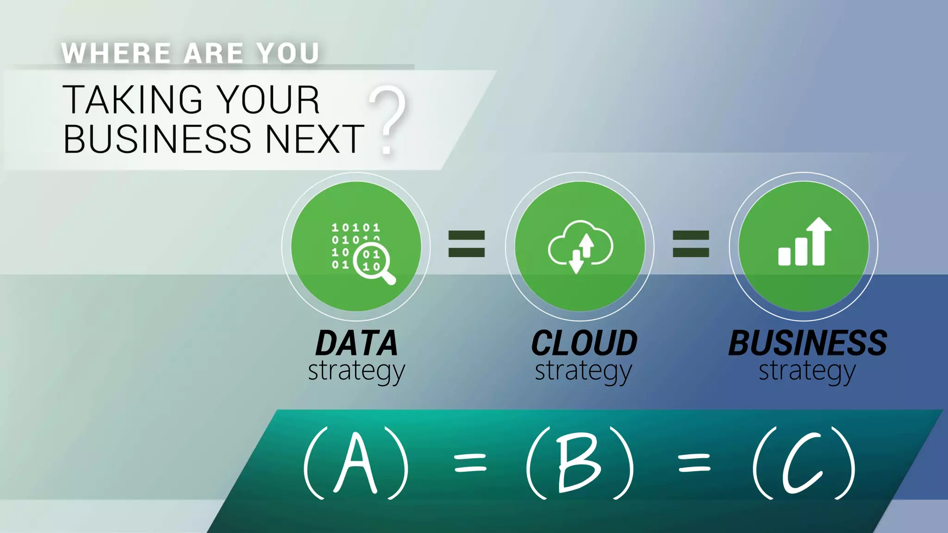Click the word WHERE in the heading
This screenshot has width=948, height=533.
116,53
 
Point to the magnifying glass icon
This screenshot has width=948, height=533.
374,263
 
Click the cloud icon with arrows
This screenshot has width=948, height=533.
580,246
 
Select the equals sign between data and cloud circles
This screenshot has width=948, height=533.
467,244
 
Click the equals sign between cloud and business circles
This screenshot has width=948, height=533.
691,244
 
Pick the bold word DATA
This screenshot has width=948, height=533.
356,343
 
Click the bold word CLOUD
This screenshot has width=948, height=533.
584,343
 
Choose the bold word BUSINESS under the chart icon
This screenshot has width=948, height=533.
808,343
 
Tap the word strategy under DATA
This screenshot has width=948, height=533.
356,371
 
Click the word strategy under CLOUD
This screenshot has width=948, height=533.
583,371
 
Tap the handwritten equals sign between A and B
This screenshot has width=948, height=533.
470,463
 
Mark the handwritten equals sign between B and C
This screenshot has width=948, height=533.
694,463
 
